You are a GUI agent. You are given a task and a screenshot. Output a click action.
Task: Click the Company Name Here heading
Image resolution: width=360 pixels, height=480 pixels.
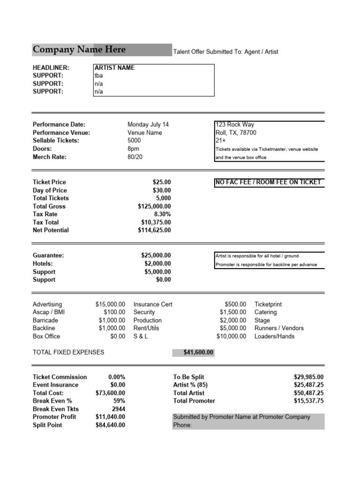pyautogui.click(x=79, y=49)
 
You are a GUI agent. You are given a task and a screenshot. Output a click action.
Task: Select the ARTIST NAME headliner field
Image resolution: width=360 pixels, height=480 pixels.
pyautogui.click(x=114, y=67)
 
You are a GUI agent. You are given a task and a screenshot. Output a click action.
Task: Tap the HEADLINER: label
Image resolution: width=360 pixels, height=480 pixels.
pyautogui.click(x=51, y=67)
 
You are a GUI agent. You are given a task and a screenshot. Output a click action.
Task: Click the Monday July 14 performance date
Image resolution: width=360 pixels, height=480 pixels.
pyautogui.click(x=148, y=125)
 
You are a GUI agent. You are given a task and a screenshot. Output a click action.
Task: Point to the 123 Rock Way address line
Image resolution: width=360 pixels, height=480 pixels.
pyautogui.click(x=235, y=125)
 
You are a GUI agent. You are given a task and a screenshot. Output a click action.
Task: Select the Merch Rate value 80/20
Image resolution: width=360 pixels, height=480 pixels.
pyautogui.click(x=135, y=157)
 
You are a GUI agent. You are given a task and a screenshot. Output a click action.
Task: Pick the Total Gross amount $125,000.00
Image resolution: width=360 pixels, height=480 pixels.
pyautogui.click(x=154, y=206)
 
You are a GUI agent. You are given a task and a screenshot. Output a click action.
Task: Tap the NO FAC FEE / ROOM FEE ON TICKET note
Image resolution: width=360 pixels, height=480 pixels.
pyautogui.click(x=268, y=182)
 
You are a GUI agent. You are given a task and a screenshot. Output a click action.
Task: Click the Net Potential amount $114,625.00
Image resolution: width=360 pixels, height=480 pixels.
pyautogui.click(x=154, y=230)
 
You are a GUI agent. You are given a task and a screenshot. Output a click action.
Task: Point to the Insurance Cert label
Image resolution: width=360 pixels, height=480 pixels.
pyautogui.click(x=153, y=304)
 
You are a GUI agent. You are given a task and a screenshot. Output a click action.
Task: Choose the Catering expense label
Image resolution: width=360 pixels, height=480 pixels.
pyautogui.click(x=265, y=312)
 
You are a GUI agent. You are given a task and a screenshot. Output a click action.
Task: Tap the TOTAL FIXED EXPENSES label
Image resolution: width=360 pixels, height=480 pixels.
pyautogui.click(x=68, y=352)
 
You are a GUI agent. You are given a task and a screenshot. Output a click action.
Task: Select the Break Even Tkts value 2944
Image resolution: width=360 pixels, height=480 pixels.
pyautogui.click(x=118, y=409)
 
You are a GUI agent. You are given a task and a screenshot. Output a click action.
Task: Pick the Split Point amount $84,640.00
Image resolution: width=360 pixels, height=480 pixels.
pyautogui.click(x=110, y=425)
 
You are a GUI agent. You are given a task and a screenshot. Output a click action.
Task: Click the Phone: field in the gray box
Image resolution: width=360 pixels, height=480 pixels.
pyautogui.click(x=183, y=425)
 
